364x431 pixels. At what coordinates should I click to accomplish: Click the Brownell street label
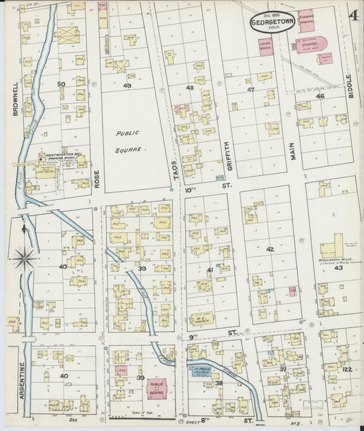14,99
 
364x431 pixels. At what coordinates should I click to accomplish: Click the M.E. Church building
204,318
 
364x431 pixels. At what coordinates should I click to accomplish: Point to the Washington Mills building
333,247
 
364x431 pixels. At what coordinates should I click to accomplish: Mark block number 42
270,250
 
